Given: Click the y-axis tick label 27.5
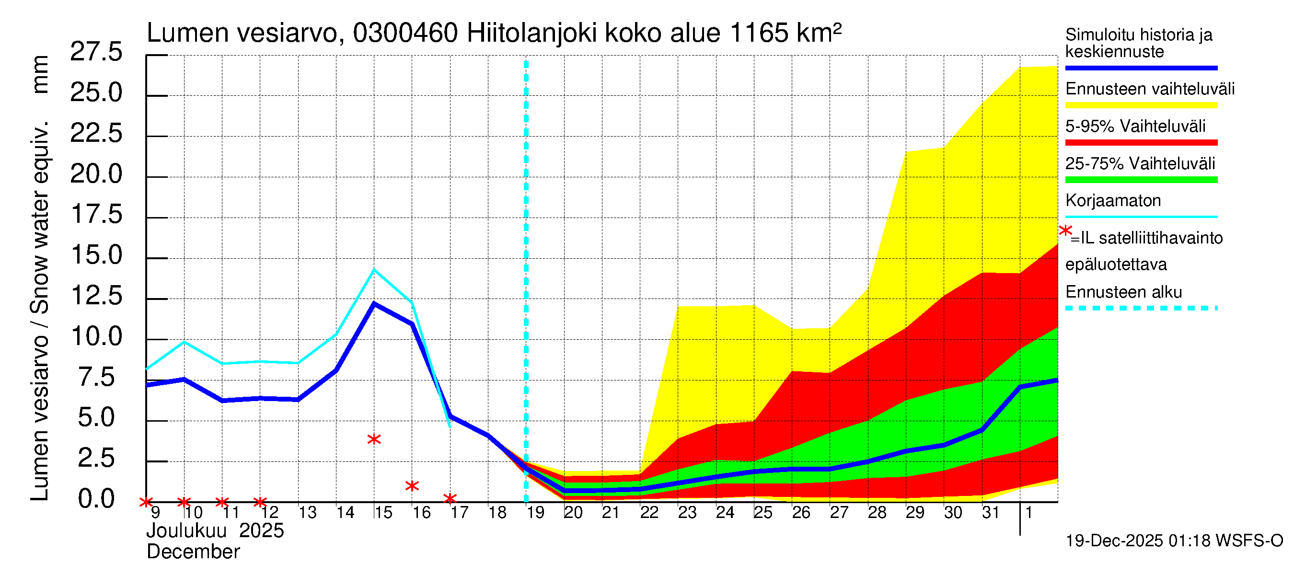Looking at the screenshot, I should pos(96,52).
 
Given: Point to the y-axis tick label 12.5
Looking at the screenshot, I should pos(96,296).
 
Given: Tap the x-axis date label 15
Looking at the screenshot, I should pos(383,513).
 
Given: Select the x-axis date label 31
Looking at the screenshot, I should pos(991,513).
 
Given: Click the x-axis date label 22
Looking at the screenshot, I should pos(649,513).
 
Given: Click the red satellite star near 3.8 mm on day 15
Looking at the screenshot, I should pos(374,439).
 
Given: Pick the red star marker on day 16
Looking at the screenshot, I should pos(412,485).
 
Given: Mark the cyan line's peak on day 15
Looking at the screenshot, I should pos(374,270).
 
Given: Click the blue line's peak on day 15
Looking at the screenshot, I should pos(374,303).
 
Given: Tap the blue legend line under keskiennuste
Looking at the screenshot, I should pos(1141,68).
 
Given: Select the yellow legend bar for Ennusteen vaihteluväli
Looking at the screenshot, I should pos(1141,105).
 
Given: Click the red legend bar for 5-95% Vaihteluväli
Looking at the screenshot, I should pos(1141,143).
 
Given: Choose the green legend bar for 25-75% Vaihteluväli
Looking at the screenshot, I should pos(1141,180).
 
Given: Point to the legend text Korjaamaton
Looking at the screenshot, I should pos(1113,201).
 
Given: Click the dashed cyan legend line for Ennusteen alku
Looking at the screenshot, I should pos(1141,308).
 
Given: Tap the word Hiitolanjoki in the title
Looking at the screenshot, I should pos(531,34).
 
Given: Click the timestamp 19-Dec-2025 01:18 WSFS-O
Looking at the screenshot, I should pos(1174,541).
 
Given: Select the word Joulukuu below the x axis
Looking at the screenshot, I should pos(186,531).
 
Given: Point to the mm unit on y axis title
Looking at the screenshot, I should pos(40,74).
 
